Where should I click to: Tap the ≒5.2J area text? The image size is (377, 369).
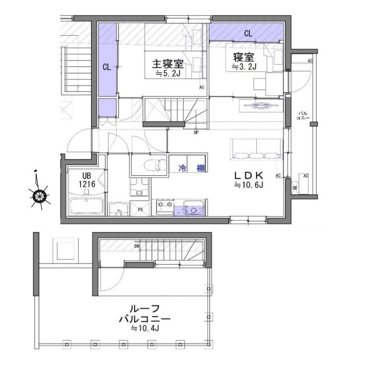pos(168,73)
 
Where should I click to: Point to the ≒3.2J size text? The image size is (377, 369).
pos(243,67)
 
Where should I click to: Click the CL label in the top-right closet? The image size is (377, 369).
pos(248,33)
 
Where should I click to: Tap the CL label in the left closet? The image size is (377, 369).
pos(107,68)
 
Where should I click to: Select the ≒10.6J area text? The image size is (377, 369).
pos(250,186)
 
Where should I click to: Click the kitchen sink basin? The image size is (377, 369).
pos(194,209)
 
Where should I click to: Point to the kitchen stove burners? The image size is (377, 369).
pos(165,206)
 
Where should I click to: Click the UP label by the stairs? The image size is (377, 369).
pos(196,132)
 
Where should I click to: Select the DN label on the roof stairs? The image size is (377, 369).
pos(136,247)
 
